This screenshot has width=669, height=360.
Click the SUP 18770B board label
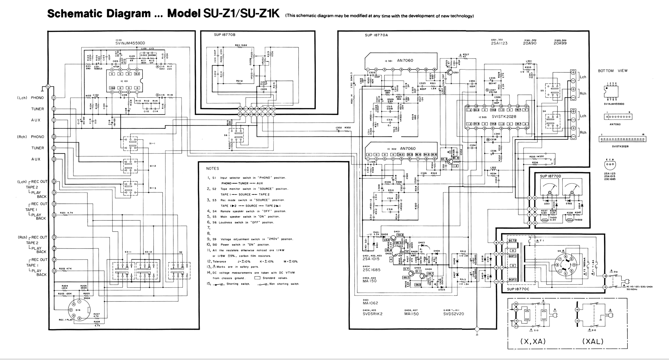coord(225,35)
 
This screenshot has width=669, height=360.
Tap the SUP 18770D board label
coord(550,176)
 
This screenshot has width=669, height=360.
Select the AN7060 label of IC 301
coord(405,60)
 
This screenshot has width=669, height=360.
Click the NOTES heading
coord(212,168)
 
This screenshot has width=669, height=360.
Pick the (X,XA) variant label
coord(533,341)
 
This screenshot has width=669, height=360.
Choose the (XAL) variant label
coord(593,341)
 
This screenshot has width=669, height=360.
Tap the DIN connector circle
coord(79,310)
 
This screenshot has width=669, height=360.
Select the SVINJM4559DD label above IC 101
coord(130,43)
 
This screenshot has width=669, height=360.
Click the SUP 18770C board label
coord(518,289)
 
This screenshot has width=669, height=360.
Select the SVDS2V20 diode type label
coord(453,314)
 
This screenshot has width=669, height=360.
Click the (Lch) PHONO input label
coord(30,98)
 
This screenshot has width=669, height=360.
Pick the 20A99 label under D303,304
coord(560,43)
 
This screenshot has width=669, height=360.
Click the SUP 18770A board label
coord(376,35)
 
